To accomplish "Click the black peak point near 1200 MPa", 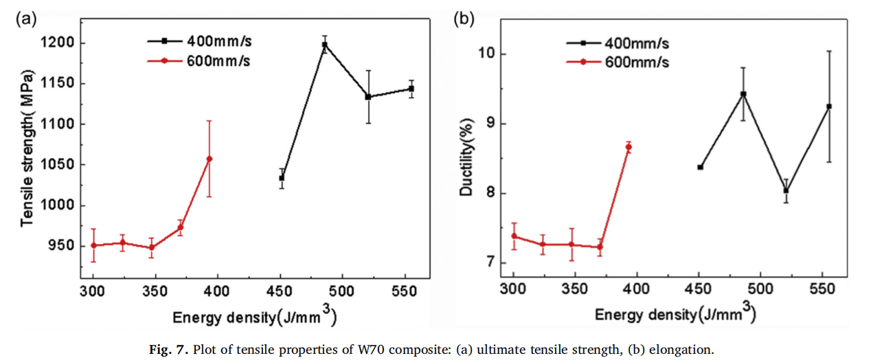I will pyautogui.click(x=324, y=45).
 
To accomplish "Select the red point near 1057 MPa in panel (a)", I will pyautogui.click(x=209, y=159).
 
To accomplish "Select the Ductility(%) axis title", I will pyautogui.click(x=467, y=160).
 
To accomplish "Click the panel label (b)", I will pyautogui.click(x=464, y=19).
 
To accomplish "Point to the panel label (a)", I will pyautogui.click(x=26, y=19).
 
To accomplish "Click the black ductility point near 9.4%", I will pyautogui.click(x=743, y=94).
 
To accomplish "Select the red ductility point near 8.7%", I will pyautogui.click(x=628, y=146).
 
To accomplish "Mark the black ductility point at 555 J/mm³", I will pyautogui.click(x=829, y=106).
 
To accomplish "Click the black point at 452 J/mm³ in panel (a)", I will pyautogui.click(x=282, y=178).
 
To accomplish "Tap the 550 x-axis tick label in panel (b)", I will pyautogui.click(x=823, y=289).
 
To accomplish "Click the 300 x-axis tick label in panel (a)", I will pyautogui.click(x=93, y=291).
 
